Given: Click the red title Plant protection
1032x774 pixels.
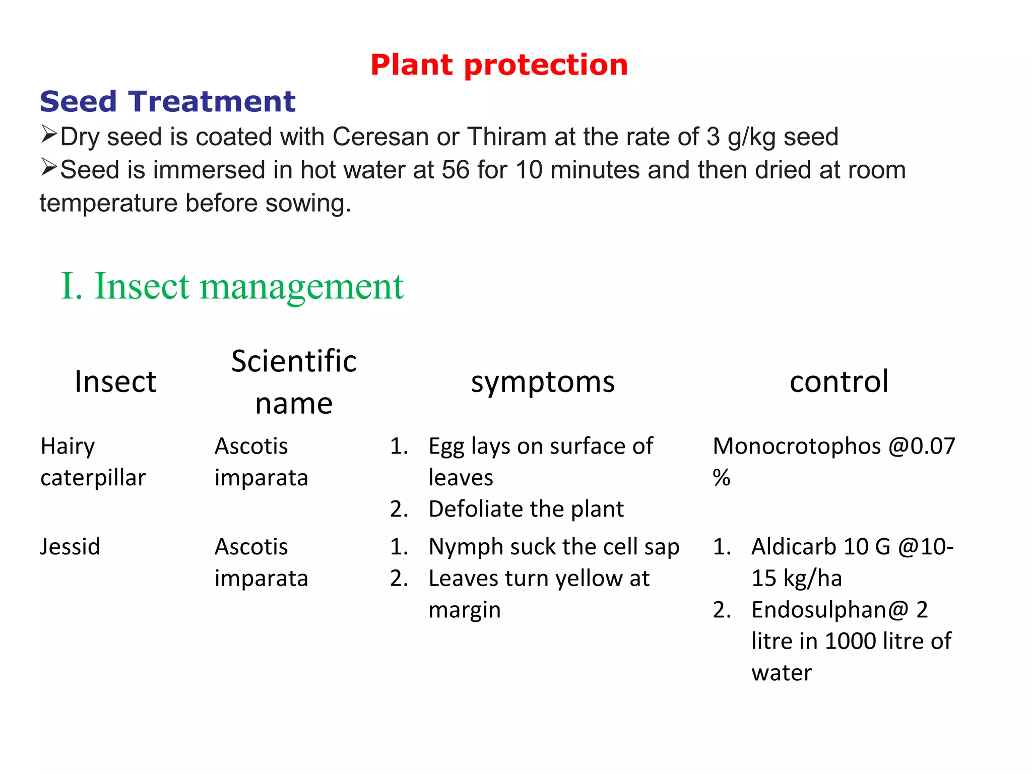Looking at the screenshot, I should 499,65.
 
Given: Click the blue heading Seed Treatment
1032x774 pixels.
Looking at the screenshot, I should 167,101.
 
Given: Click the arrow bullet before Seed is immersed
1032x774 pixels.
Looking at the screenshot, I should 49,167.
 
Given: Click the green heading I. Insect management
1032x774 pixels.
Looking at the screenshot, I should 232,286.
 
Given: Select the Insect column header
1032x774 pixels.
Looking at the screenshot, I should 115,381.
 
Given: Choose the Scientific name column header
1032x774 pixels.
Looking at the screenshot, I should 294,382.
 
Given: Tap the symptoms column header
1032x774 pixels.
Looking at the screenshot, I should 543,382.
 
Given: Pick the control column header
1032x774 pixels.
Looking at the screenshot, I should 838,381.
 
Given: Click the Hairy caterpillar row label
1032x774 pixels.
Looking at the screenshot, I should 93,462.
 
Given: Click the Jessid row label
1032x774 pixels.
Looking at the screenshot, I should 70,547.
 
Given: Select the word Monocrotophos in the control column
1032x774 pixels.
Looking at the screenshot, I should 797,446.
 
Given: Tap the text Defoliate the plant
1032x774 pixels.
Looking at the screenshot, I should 526,509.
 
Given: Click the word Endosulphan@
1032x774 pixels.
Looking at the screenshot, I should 829,610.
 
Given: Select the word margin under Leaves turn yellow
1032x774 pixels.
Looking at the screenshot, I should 464,610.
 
